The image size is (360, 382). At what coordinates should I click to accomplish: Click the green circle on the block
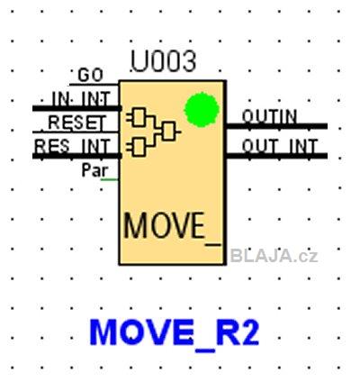202,110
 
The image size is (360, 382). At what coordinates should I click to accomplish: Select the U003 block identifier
164,62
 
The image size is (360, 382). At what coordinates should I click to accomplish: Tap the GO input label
90,75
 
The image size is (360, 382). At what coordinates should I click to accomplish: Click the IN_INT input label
81,98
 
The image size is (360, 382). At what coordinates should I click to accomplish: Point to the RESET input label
77,123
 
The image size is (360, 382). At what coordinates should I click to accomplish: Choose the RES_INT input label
71,146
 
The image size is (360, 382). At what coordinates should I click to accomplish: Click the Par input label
94,170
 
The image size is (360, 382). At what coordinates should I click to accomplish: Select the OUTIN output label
269,116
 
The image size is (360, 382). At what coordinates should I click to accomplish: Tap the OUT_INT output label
280,146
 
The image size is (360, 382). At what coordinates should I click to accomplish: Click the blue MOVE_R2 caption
175,332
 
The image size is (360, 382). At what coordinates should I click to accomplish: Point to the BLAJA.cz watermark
274,257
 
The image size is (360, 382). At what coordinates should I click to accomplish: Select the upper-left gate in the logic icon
139,116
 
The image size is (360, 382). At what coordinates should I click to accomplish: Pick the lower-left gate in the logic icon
139,147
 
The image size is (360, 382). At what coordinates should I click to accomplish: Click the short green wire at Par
110,179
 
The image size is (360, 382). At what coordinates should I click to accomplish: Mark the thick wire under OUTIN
276,126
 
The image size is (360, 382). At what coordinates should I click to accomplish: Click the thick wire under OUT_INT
276,156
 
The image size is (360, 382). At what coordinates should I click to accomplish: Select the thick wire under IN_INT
76,108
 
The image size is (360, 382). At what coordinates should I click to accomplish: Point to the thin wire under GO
94,85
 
